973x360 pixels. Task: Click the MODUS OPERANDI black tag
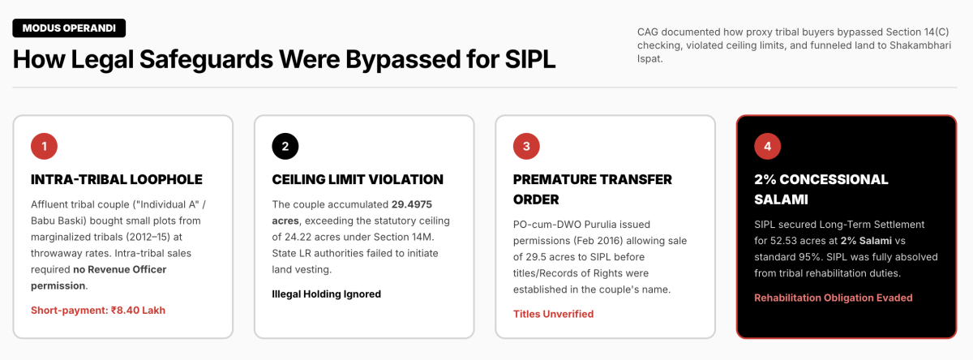(x=69, y=28)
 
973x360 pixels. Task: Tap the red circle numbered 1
(x=44, y=146)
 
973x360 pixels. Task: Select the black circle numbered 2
(x=285, y=146)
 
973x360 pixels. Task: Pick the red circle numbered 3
(x=526, y=146)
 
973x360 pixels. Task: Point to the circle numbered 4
(x=767, y=146)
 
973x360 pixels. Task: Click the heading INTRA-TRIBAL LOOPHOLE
(x=117, y=179)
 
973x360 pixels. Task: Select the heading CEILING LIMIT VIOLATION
(x=358, y=179)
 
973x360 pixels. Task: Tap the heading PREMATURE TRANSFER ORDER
(x=593, y=190)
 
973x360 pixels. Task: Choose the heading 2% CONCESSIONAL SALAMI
(x=821, y=190)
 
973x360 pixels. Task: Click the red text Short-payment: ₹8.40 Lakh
(x=98, y=311)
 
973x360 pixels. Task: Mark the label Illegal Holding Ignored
(x=326, y=294)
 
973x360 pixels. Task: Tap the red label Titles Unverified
(x=553, y=315)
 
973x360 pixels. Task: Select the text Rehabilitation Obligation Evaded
(x=834, y=298)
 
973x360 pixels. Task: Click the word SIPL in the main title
(x=530, y=59)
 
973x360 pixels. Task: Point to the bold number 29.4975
(x=412, y=204)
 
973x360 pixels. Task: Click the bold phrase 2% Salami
(x=866, y=241)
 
